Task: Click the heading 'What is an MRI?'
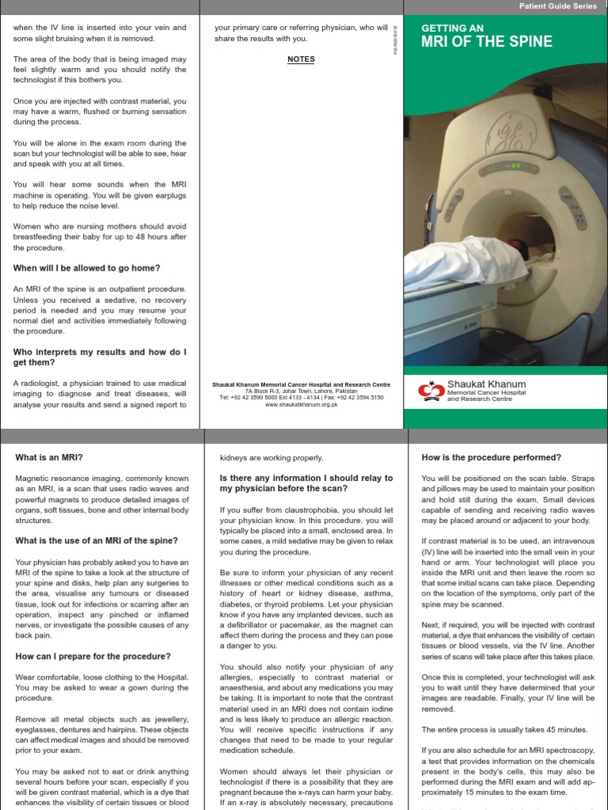click(49, 458)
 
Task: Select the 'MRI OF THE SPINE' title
click(487, 41)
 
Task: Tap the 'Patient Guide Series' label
click(557, 6)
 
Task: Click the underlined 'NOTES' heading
click(301, 59)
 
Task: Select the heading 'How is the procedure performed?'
click(492, 458)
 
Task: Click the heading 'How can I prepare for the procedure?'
click(93, 657)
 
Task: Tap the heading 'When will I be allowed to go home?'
click(86, 268)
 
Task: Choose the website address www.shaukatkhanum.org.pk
click(301, 404)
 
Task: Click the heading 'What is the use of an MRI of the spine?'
click(97, 541)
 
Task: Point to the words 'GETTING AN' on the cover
click(450, 27)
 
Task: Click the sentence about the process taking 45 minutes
click(504, 729)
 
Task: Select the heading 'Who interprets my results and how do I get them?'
click(100, 357)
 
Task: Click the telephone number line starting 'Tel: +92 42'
click(301, 398)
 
